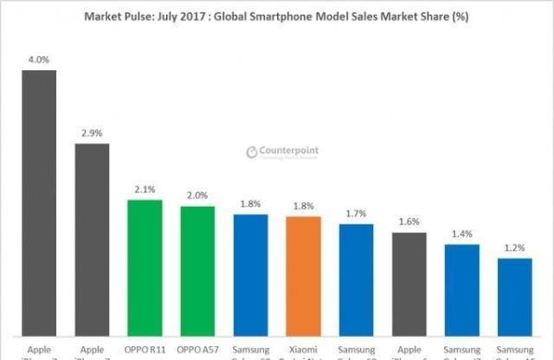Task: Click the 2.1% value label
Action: pyautogui.click(x=144, y=189)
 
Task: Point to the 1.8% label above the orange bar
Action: pyautogui.click(x=303, y=207)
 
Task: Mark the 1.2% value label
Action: pyautogui.click(x=514, y=248)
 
